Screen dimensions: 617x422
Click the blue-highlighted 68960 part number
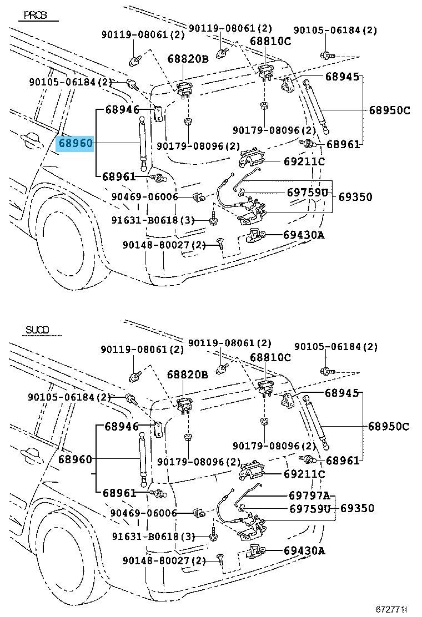pyautogui.click(x=76, y=143)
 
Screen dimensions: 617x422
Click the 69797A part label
pyautogui.click(x=309, y=495)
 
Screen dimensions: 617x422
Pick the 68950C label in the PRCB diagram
pyautogui.click(x=389, y=110)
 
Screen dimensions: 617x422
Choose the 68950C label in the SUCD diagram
pyautogui.click(x=389, y=426)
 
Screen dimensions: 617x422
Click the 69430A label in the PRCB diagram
pyautogui.click(x=304, y=235)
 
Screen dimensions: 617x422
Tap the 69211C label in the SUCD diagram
pyautogui.click(x=304, y=474)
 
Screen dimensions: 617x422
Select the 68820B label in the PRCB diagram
pyautogui.click(x=189, y=59)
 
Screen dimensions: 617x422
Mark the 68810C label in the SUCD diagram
pyautogui.click(x=270, y=357)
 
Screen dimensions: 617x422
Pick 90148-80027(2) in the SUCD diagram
pyautogui.click(x=164, y=561)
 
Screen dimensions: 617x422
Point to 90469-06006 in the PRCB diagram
pyautogui.click(x=144, y=196)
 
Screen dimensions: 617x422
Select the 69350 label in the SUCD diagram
pyautogui.click(x=357, y=508)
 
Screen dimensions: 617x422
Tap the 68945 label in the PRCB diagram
pyautogui.click(x=342, y=77)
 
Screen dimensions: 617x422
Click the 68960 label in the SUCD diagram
pyautogui.click(x=76, y=459)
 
